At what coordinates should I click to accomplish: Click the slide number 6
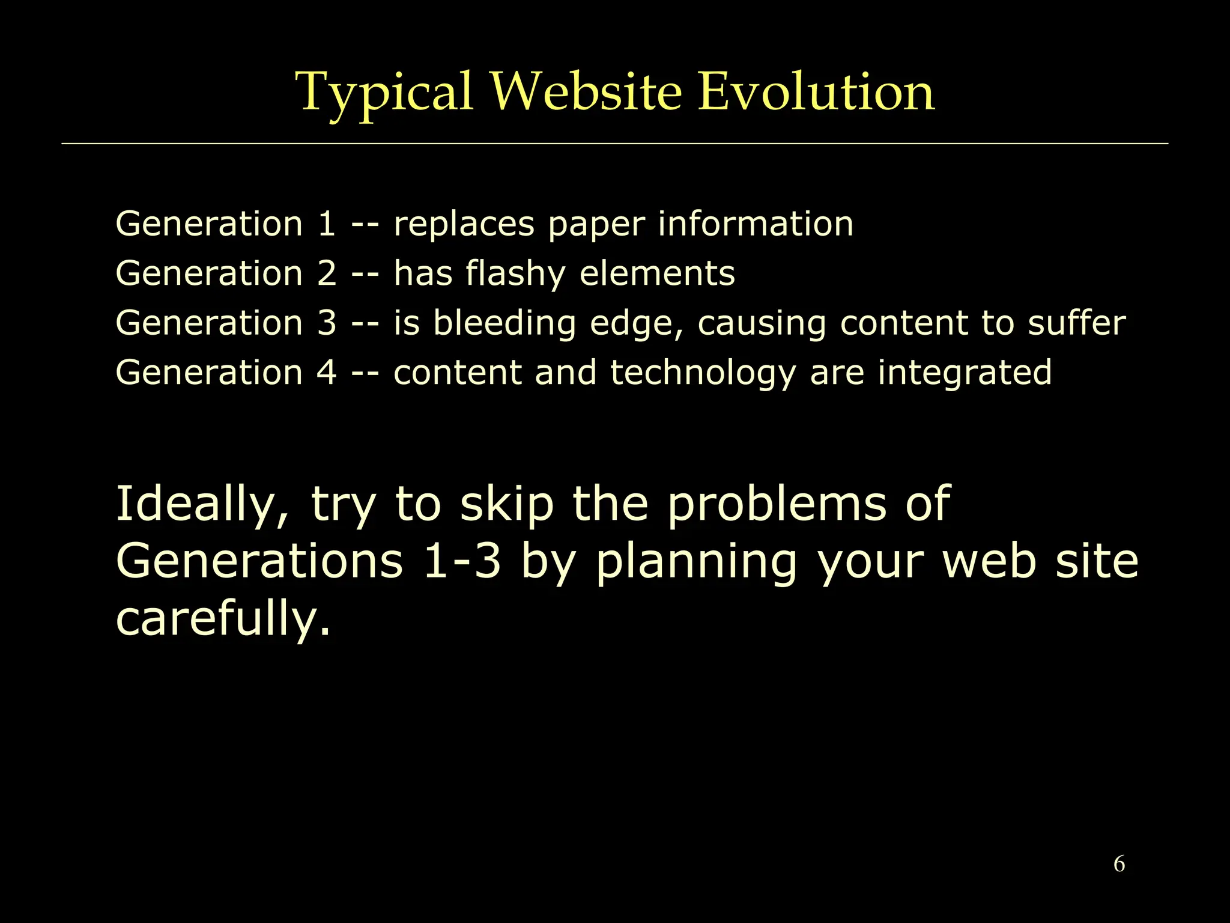click(x=1119, y=864)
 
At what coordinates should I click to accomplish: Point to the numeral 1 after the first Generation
click(x=326, y=224)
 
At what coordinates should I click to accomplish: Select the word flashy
click(x=515, y=274)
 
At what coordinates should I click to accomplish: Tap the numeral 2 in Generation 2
click(x=326, y=273)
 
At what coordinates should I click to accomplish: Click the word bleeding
click(x=504, y=324)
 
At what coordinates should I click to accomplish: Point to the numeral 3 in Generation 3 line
click(x=326, y=323)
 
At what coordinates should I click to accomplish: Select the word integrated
click(x=965, y=373)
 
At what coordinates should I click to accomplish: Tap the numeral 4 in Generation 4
click(x=326, y=373)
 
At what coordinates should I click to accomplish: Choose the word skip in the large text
click(x=506, y=505)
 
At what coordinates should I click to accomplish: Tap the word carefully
click(x=222, y=619)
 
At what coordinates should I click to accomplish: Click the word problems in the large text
click(x=777, y=505)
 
